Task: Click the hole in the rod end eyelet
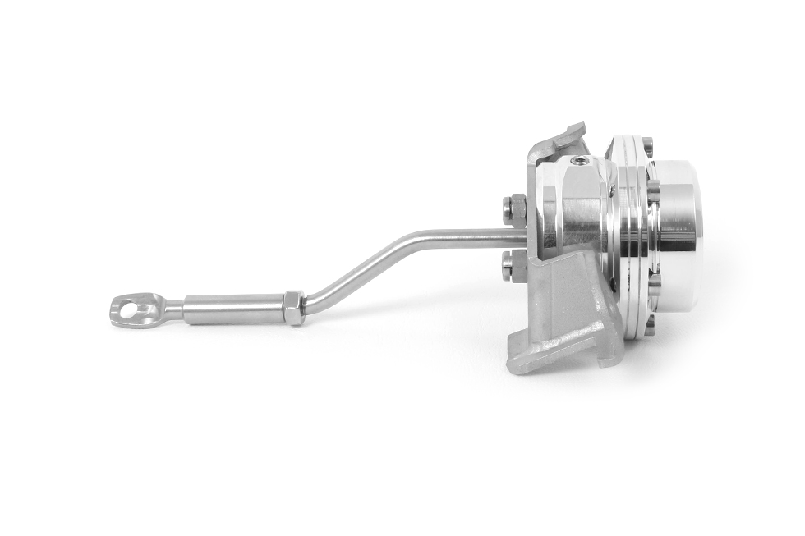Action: coord(128,309)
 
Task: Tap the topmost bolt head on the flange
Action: coord(647,147)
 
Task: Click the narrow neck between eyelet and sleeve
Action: coord(172,309)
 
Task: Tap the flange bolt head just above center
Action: coord(653,190)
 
